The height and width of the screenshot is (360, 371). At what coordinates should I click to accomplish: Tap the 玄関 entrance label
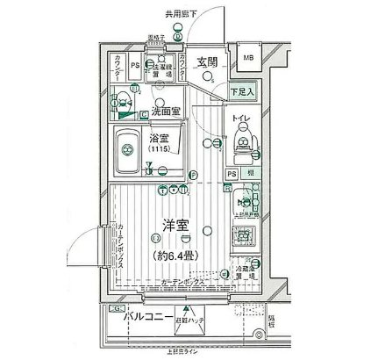[x=208, y=63]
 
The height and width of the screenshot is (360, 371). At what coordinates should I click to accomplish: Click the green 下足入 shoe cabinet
[x=242, y=90]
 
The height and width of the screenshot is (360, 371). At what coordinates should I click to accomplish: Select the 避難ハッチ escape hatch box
[x=188, y=323]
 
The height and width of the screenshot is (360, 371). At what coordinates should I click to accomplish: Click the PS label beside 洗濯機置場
[x=135, y=64]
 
